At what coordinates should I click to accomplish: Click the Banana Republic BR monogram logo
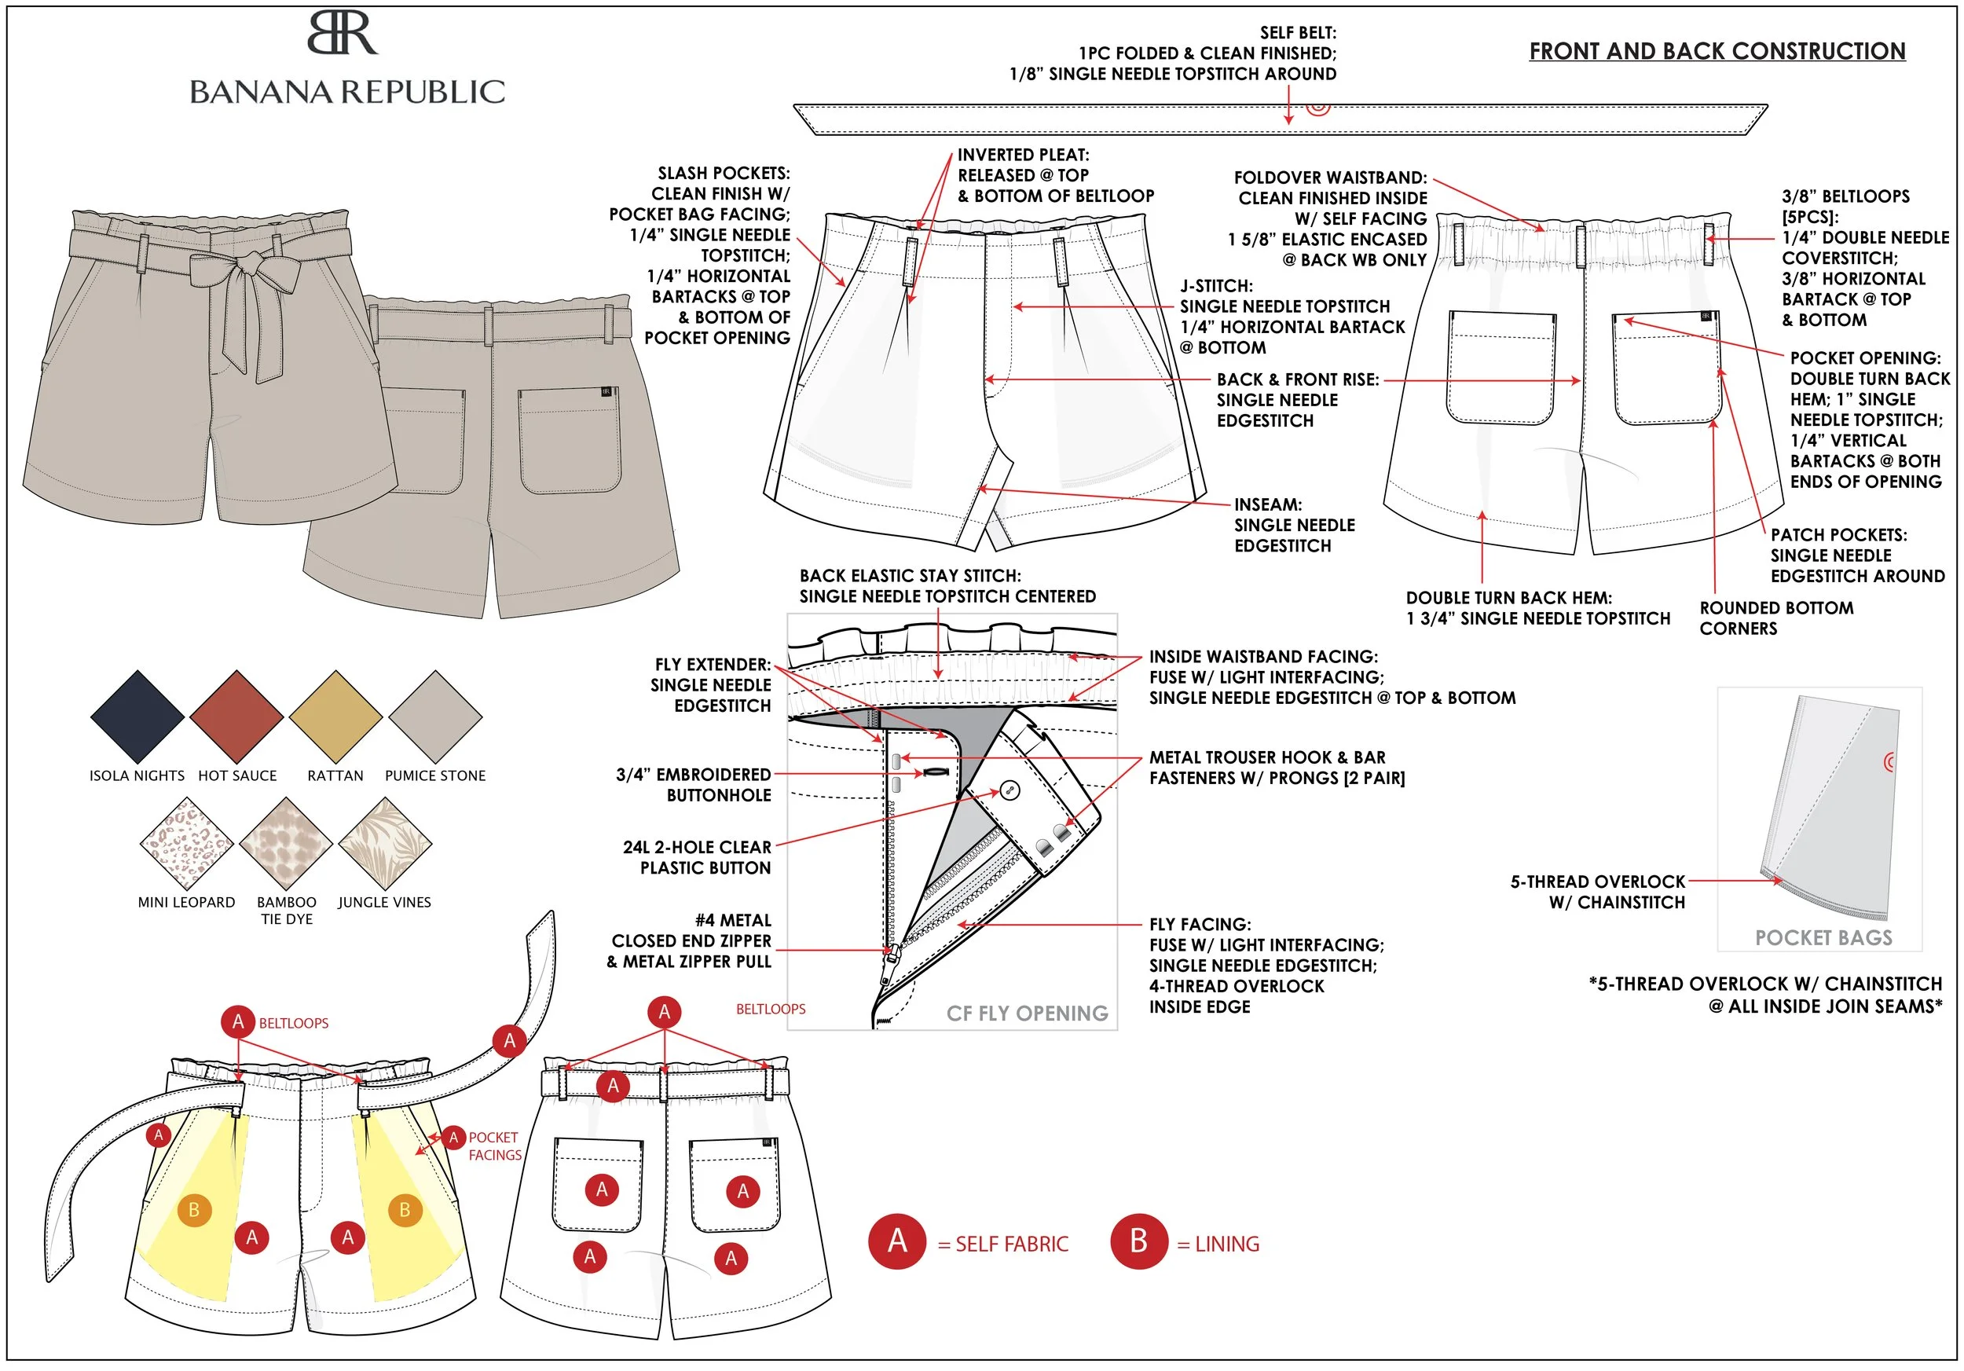tap(343, 35)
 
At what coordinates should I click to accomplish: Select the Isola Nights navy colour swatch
tap(137, 717)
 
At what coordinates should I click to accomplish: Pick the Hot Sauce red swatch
tap(237, 717)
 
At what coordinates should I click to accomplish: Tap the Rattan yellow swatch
tap(335, 717)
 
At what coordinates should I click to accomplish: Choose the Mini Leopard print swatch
tap(186, 844)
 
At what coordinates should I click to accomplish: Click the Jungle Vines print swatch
tap(385, 844)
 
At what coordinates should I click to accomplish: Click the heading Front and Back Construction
tap(1717, 51)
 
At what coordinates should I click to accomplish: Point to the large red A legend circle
tap(896, 1241)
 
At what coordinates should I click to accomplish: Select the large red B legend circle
tap(1138, 1241)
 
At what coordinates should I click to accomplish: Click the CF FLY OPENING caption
tap(1027, 1014)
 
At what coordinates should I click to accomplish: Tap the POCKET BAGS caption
tap(1823, 938)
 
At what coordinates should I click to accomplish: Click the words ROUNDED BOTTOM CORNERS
tap(1775, 618)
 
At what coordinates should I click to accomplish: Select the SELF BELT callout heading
tap(1298, 32)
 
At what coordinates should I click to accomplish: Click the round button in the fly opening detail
tap(1009, 790)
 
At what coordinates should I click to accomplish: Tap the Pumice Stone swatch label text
tap(434, 775)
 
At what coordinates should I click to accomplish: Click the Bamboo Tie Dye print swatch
tap(286, 844)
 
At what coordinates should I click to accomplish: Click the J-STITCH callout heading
tap(1216, 286)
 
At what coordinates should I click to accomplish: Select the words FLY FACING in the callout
tap(1200, 925)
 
